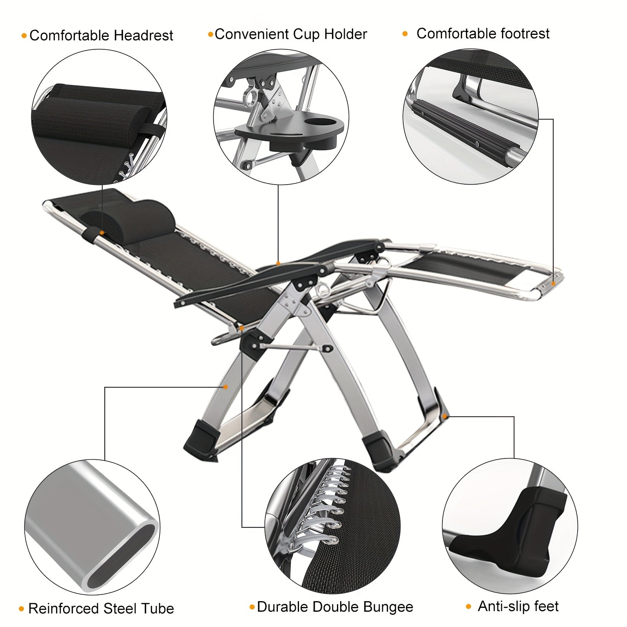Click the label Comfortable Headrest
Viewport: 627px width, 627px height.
101,36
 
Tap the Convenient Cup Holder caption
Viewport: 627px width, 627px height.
291,34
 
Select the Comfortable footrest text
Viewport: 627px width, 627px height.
483,34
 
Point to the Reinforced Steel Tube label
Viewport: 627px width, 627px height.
101,609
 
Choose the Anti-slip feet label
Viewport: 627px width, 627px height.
518,606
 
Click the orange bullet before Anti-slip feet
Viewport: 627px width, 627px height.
468,607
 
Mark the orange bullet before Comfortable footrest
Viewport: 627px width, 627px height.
405,34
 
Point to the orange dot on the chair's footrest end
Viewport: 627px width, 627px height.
553,283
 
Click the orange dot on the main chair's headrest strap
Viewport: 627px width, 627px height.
102,233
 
